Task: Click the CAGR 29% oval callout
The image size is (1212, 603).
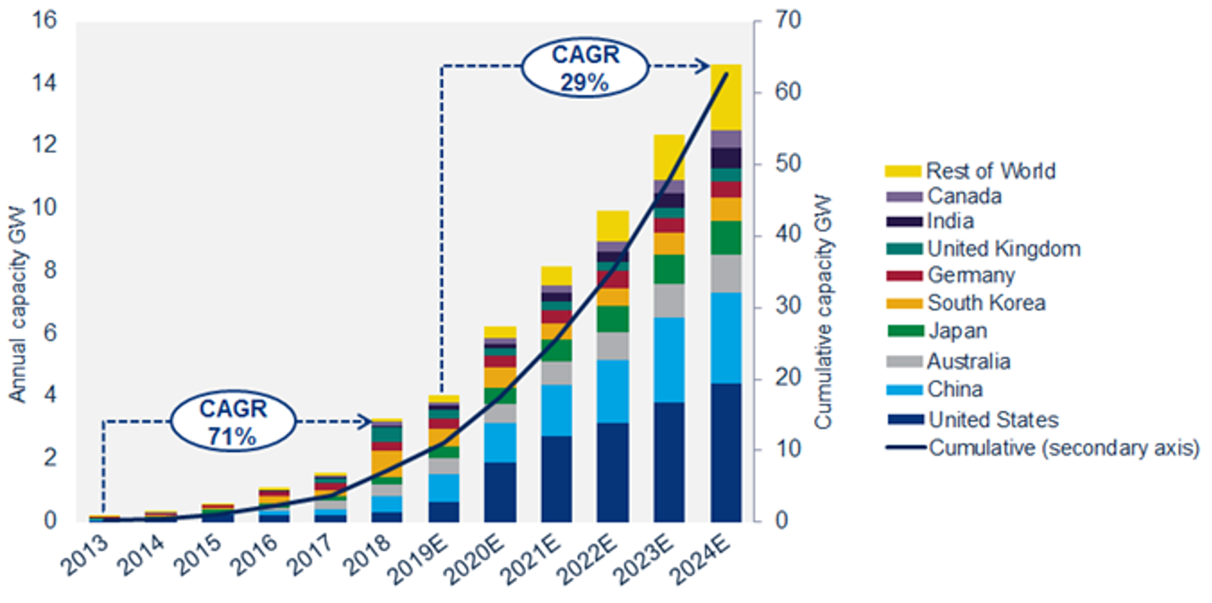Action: [584, 67]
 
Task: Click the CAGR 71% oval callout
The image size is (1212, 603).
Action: [233, 422]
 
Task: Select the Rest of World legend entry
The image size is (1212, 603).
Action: [990, 171]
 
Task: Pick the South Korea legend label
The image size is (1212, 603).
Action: [986, 303]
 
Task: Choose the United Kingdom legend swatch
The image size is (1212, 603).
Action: [904, 249]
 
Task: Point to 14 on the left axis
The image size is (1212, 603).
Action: [44, 83]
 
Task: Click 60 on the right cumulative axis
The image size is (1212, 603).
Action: [787, 92]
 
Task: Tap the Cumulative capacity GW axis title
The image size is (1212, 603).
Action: [823, 312]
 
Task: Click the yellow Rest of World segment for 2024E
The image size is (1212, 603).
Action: [726, 97]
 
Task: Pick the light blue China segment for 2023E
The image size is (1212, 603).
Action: [669, 360]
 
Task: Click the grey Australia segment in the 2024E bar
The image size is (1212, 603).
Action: [726, 274]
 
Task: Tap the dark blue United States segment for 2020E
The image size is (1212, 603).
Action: [500, 492]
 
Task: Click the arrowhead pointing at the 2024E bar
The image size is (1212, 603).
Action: [703, 66]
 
